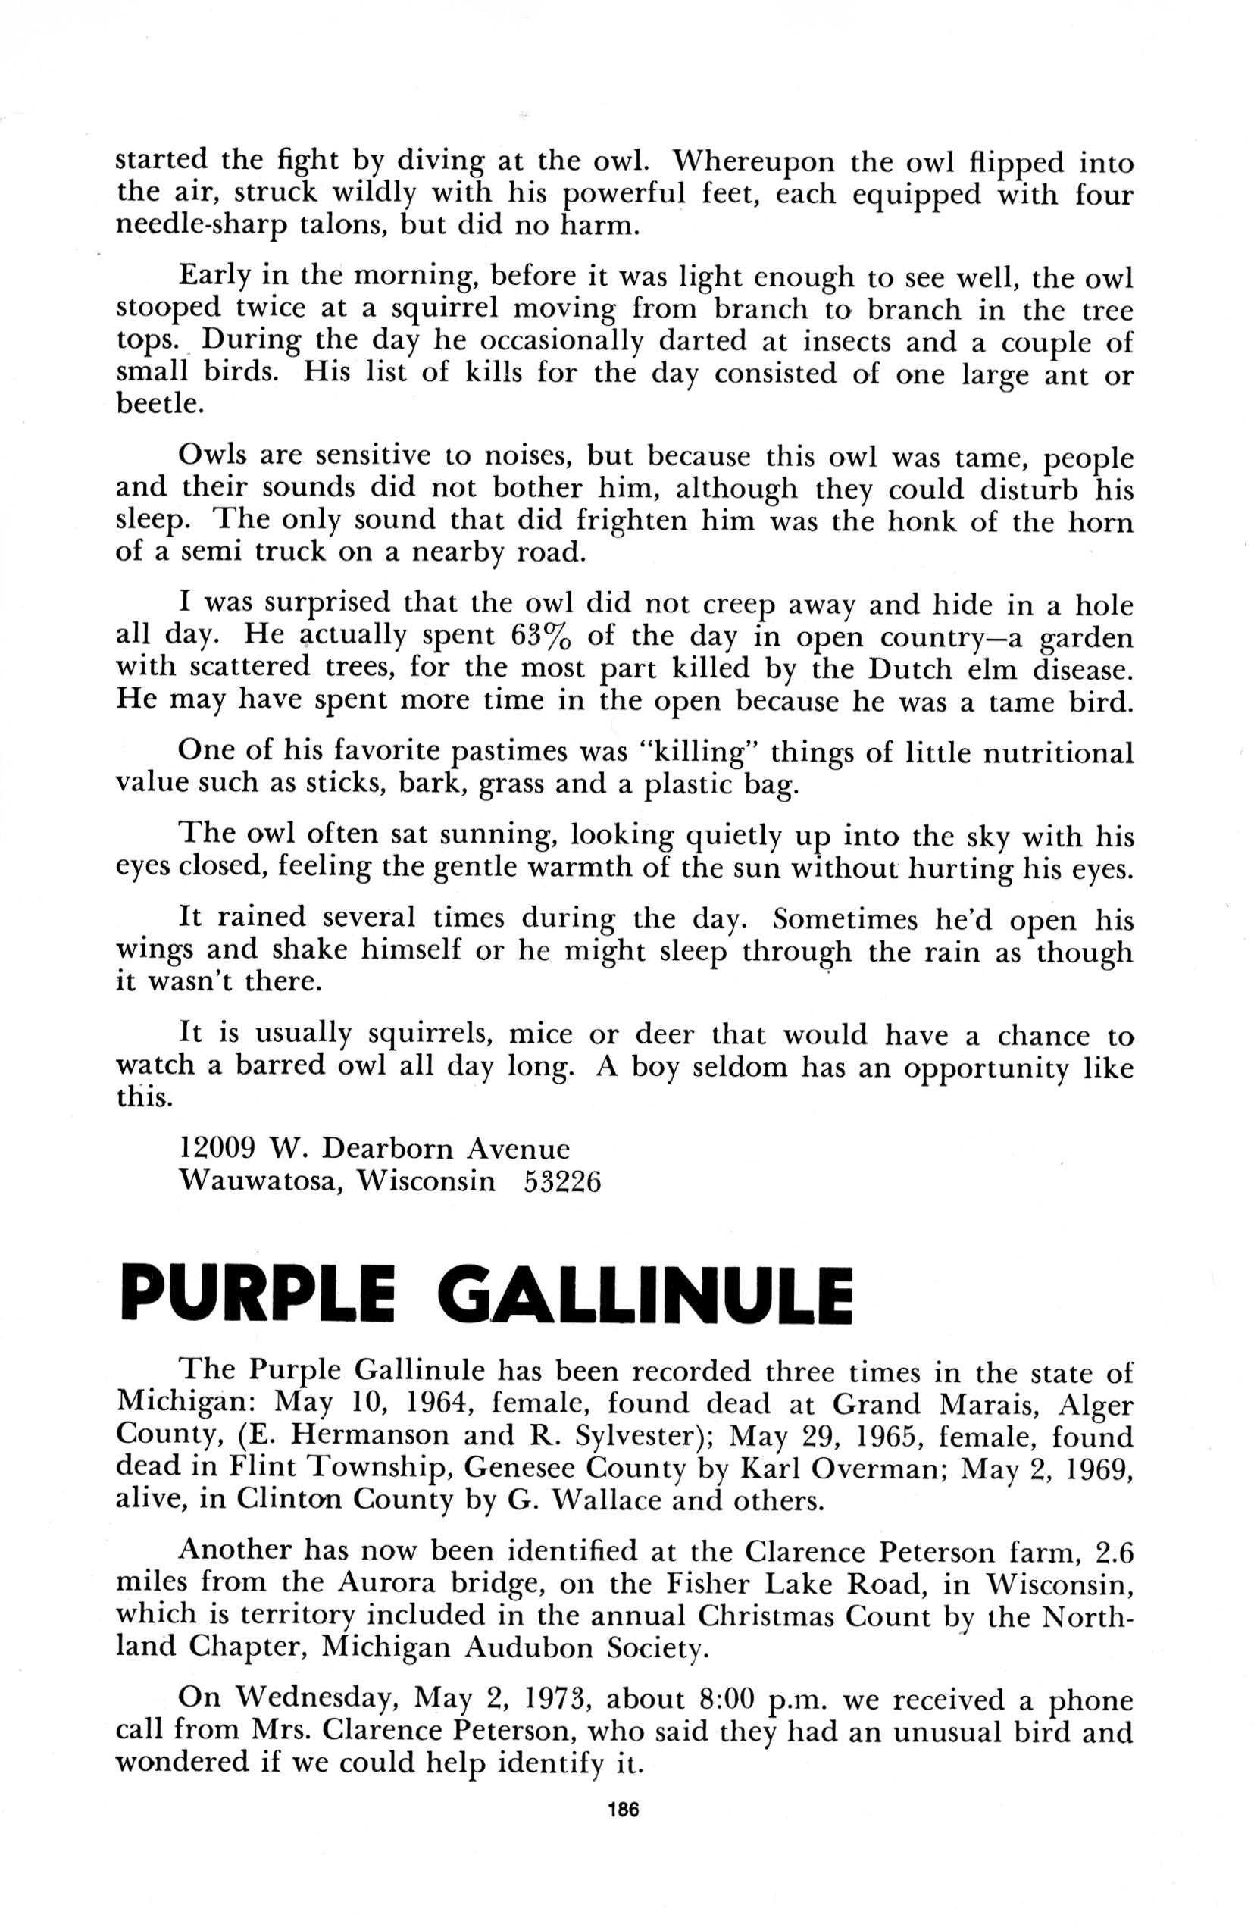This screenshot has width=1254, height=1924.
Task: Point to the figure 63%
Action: pos(543,637)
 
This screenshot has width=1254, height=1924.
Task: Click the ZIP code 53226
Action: pos(563,1182)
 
